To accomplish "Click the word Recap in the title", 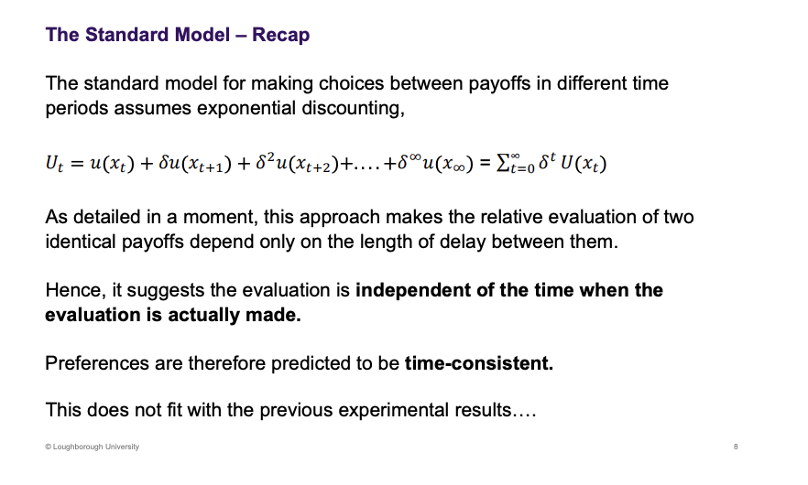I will pyautogui.click(x=281, y=36).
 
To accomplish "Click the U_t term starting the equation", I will pyautogui.click(x=56, y=165).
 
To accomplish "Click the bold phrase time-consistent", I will pyautogui.click(x=479, y=363).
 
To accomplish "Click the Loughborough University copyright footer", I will pyautogui.click(x=92, y=447).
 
